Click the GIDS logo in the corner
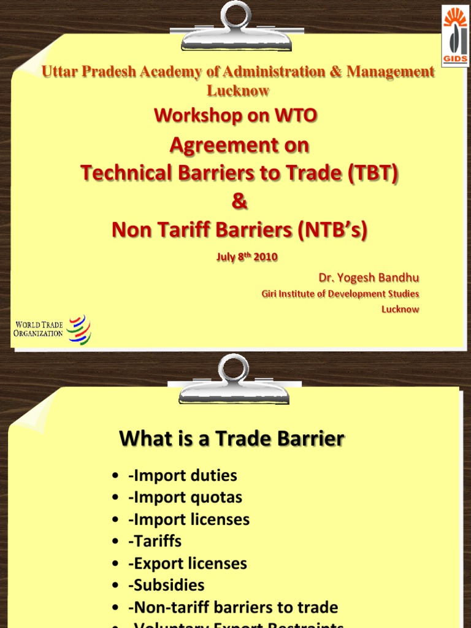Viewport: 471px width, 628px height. click(x=455, y=35)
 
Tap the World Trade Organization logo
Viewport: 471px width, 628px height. click(x=52, y=329)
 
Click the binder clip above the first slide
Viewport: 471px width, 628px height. click(x=235, y=26)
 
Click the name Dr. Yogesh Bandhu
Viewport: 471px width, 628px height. click(x=369, y=278)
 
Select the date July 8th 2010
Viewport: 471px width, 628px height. click(x=247, y=257)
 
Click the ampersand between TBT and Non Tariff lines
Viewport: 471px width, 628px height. click(x=239, y=202)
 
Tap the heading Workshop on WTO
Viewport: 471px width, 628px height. click(x=235, y=115)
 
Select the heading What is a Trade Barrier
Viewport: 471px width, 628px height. click(x=232, y=438)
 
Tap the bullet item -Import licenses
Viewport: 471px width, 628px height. click(x=188, y=519)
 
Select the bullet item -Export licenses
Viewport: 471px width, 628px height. click(x=187, y=564)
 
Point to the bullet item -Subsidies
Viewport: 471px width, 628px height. click(x=166, y=586)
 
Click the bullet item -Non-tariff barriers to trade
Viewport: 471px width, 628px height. click(x=232, y=608)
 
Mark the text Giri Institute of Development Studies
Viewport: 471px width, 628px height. click(x=340, y=294)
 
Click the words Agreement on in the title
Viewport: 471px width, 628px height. click(x=239, y=145)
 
